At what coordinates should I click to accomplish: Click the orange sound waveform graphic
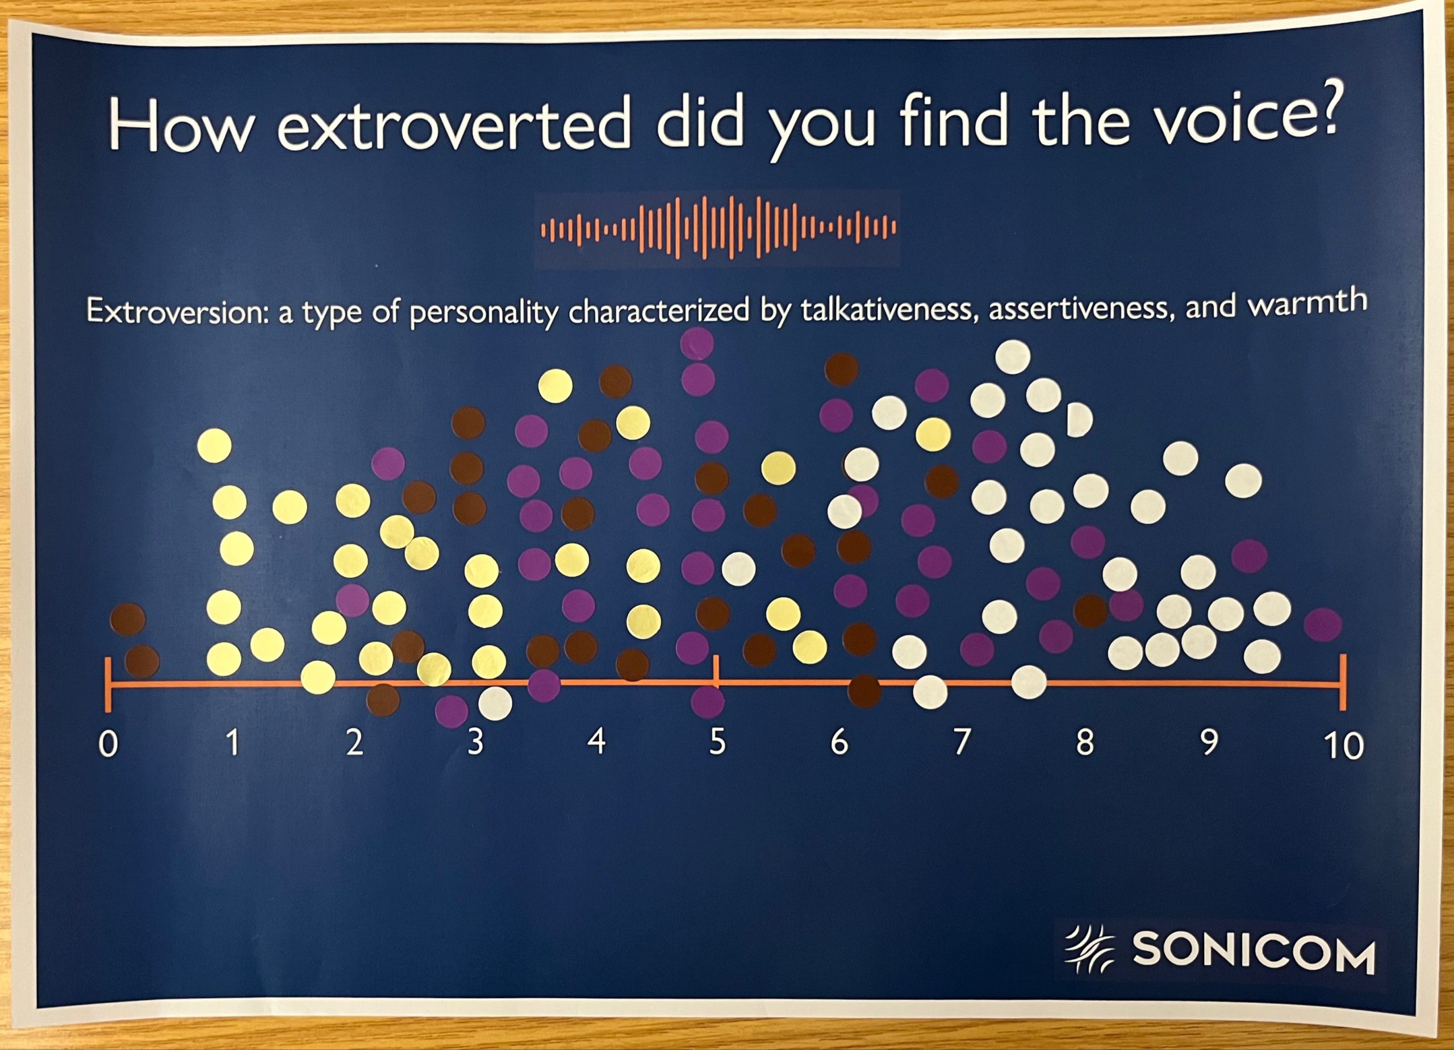click(x=718, y=228)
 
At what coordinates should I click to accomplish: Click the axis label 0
click(x=109, y=744)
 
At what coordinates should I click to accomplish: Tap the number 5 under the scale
click(x=717, y=743)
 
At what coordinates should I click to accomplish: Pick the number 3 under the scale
click(x=475, y=742)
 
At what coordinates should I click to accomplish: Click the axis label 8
click(x=1084, y=743)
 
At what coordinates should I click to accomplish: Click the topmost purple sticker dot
click(x=697, y=343)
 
